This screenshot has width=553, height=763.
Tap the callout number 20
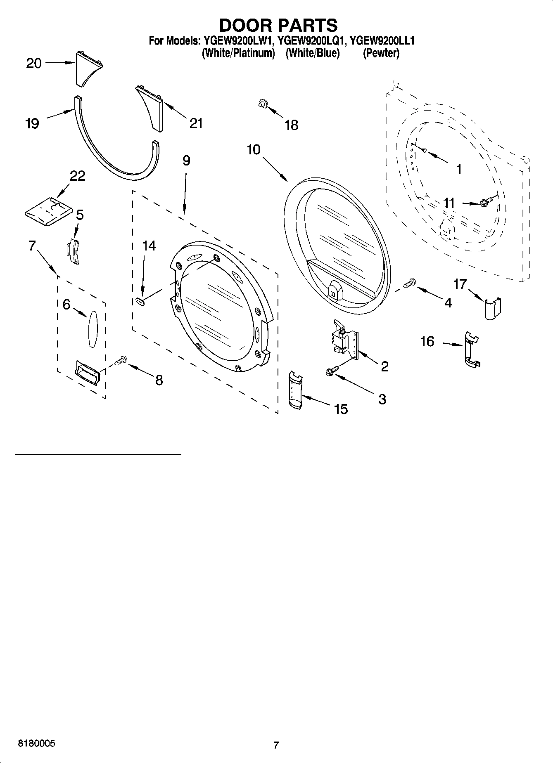tap(34, 63)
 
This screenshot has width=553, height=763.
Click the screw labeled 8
tap(120, 360)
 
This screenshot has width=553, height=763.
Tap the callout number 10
tap(254, 149)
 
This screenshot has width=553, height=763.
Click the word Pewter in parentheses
tap(381, 53)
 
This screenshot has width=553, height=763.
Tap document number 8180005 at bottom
tap(36, 743)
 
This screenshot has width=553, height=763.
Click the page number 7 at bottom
tap(276, 745)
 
